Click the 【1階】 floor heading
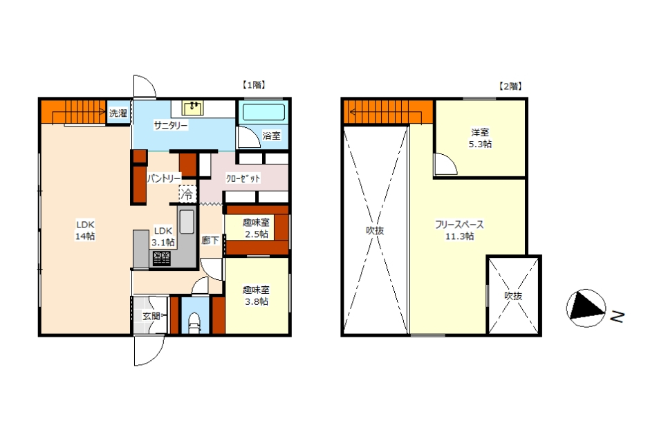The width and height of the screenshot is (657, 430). coord(254,85)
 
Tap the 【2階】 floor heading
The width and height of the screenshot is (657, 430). coord(510,86)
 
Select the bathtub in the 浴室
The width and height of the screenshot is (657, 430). coord(263,112)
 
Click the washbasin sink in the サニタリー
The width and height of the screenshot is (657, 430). coord(193,108)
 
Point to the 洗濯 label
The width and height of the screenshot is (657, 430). coord(118,113)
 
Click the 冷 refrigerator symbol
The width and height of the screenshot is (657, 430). coord(187,194)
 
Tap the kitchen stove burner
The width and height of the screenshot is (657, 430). coord(161,258)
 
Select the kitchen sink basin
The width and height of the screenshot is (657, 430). coord(187,221)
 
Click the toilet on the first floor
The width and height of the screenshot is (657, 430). coord(194,323)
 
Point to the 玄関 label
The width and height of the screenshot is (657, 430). coord(151,316)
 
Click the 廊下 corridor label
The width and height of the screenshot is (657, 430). coord(210,241)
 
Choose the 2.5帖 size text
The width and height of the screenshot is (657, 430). coord(257,234)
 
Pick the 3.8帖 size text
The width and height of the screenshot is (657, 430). coord(257,301)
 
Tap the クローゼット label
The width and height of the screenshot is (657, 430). coord(243,178)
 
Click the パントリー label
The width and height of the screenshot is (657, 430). coord(164,178)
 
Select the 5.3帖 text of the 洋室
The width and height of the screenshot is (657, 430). coord(480,144)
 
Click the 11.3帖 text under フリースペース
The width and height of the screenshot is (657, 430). coord(459,236)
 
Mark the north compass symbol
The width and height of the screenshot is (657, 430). coord(586,308)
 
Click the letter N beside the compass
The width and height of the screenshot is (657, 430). coord(617,317)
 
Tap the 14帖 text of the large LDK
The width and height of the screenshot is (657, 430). coord(85,236)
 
